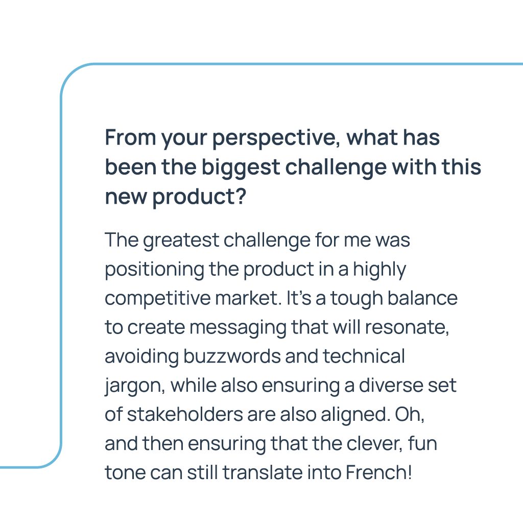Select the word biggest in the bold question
241,167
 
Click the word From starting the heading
130,137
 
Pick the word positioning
154,270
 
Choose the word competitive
158,298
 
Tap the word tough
356,299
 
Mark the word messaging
238,328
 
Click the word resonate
407,328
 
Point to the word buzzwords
232,356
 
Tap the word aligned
355,415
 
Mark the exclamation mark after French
409,472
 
